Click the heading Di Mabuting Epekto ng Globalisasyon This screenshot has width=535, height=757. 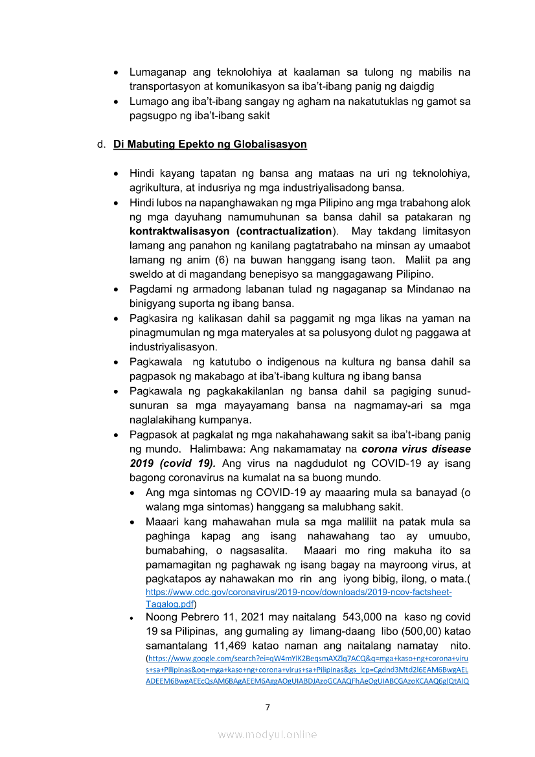pyautogui.click(x=210, y=144)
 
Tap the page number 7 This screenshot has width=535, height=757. pyautogui.click(x=267, y=706)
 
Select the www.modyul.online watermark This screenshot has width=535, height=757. pyautogui.click(x=267, y=734)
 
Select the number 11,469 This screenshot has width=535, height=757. pyautogui.click(x=232, y=646)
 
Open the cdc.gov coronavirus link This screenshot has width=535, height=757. pyautogui.click(x=299, y=592)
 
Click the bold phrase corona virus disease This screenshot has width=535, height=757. pyautogui.click(x=416, y=449)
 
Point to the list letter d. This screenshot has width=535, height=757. pyautogui.click(x=102, y=144)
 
